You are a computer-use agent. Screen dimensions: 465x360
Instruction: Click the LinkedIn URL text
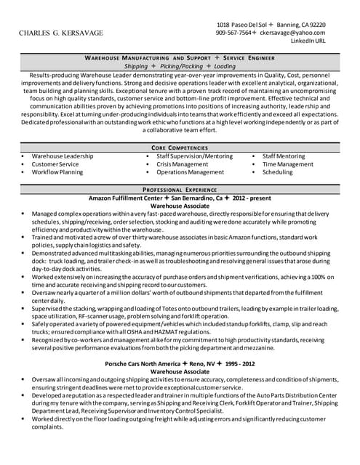[308, 41]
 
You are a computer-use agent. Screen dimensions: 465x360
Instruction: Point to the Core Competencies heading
[180, 147]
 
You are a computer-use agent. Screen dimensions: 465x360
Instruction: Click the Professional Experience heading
[180, 189]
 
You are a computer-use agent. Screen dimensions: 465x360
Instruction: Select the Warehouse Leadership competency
[63, 156]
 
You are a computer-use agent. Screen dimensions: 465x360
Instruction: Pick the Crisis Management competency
[182, 164]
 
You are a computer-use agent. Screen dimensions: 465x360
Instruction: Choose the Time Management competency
[288, 164]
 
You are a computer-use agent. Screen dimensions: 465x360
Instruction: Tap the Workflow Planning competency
[57, 172]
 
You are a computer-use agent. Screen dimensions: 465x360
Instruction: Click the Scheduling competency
[277, 172]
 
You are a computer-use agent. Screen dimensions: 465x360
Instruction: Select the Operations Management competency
[191, 172]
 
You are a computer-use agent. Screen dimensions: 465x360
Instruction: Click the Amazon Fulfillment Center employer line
[179, 198]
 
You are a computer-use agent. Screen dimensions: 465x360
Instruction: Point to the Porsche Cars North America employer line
[179, 363]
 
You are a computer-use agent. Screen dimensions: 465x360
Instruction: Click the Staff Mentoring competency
[284, 156]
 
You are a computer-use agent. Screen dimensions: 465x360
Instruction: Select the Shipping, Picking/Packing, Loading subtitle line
[180, 65]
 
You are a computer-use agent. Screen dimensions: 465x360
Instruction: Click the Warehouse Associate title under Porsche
[180, 371]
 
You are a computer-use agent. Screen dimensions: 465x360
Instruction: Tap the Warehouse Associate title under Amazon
[180, 206]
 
